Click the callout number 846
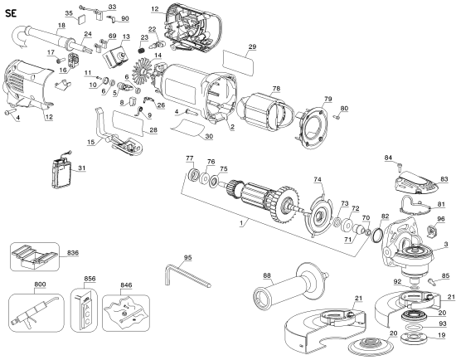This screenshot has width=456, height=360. click(x=126, y=284)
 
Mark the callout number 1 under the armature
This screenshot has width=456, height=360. click(x=240, y=225)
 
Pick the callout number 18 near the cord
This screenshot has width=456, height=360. click(x=61, y=27)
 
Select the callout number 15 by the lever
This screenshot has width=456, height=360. click(x=89, y=143)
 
